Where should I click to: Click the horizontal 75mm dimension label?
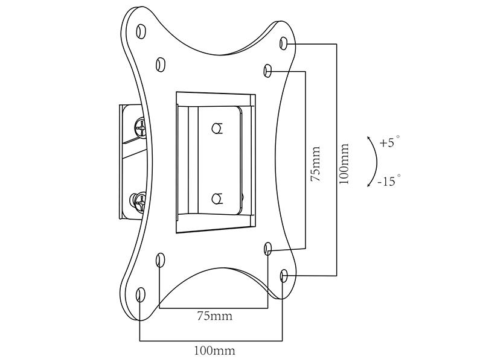215,316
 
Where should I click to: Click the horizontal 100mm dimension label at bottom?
214,351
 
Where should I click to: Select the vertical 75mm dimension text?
315,164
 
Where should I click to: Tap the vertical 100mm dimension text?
344,164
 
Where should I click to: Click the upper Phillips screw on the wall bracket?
141,127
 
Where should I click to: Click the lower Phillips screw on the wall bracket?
141,202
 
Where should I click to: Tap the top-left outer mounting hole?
141,31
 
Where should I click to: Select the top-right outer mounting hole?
284,43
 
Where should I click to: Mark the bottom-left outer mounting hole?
140,294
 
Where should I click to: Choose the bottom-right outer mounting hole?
284,276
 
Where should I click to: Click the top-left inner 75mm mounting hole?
160,65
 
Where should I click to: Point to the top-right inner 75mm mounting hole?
268,71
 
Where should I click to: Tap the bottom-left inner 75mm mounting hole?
160,260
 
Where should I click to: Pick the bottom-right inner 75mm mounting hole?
268,249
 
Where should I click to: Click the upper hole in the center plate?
217,128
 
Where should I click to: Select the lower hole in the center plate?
217,198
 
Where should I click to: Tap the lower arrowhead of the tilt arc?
369,185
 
